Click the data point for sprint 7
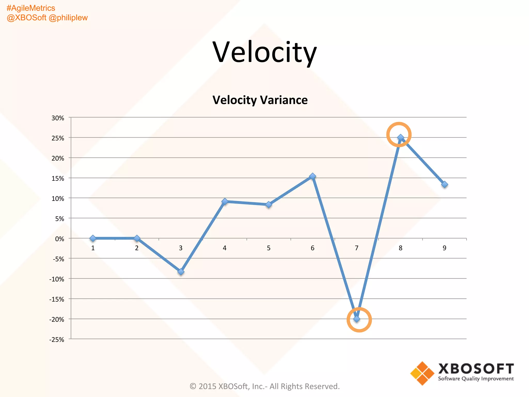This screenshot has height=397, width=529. tap(356, 319)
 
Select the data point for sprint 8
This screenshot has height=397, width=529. tap(400, 138)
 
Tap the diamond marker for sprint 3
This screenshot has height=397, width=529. tap(181, 272)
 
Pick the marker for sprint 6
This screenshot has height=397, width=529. tap(313, 176)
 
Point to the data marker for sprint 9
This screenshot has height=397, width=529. tap(445, 184)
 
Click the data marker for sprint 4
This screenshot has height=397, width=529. tap(225, 201)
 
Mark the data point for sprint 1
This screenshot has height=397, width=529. tap(93, 238)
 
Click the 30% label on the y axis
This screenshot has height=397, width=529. tap(58, 118)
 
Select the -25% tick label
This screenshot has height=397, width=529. tap(57, 340)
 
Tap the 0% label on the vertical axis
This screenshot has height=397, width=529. tap(60, 239)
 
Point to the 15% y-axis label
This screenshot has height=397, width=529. tap(58, 178)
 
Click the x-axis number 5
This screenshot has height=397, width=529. tap(269, 248)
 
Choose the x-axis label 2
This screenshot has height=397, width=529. tap(137, 248)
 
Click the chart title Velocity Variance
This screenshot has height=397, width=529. tap(260, 100)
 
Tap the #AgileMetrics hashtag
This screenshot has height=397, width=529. tap(31, 8)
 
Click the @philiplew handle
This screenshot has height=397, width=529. tap(68, 18)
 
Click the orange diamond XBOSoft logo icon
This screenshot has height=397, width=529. tap(422, 373)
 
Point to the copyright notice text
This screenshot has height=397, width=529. tap(264, 386)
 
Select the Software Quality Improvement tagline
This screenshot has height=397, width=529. tap(476, 379)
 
